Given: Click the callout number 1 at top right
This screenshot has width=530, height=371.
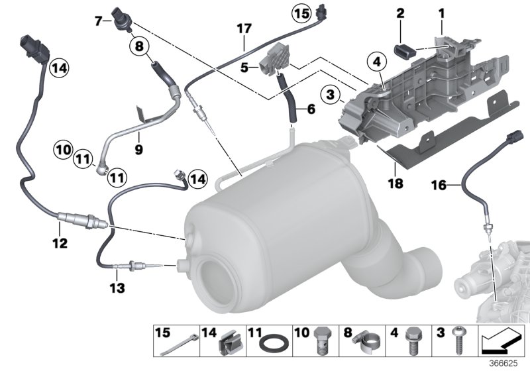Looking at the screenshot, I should pyautogui.click(x=441, y=11).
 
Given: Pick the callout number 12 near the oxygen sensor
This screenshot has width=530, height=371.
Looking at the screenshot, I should pyautogui.click(x=60, y=243).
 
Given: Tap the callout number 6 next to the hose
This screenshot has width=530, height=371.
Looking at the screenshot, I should pyautogui.click(x=309, y=110).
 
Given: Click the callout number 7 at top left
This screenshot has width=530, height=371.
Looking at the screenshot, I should pyautogui.click(x=98, y=21).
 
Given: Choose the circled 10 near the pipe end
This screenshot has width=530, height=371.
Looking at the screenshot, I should pyautogui.click(x=62, y=150).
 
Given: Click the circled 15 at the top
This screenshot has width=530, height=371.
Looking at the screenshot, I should pyautogui.click(x=301, y=13).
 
